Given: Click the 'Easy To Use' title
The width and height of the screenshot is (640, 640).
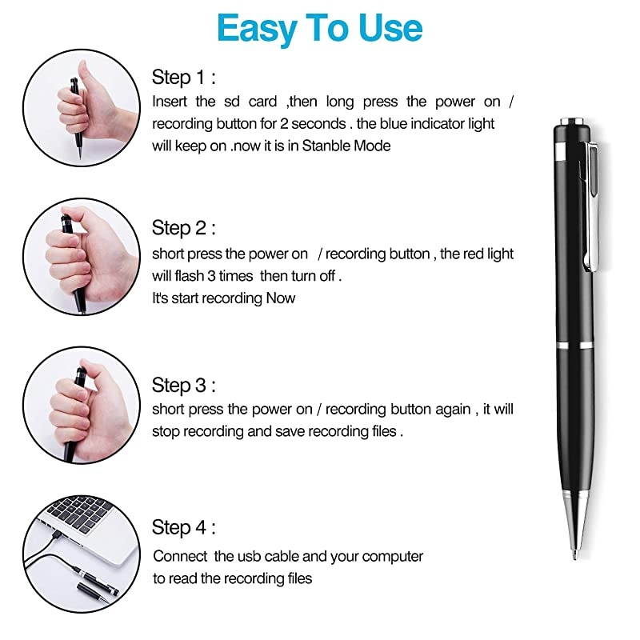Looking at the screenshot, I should point(319,28).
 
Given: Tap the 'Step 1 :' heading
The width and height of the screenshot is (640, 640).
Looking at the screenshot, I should point(184,78).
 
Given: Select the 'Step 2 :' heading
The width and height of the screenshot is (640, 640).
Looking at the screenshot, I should point(184,228).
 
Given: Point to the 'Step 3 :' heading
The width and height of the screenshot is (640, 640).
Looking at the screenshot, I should point(184,386).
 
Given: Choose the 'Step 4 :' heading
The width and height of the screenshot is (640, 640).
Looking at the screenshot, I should point(184,528).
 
